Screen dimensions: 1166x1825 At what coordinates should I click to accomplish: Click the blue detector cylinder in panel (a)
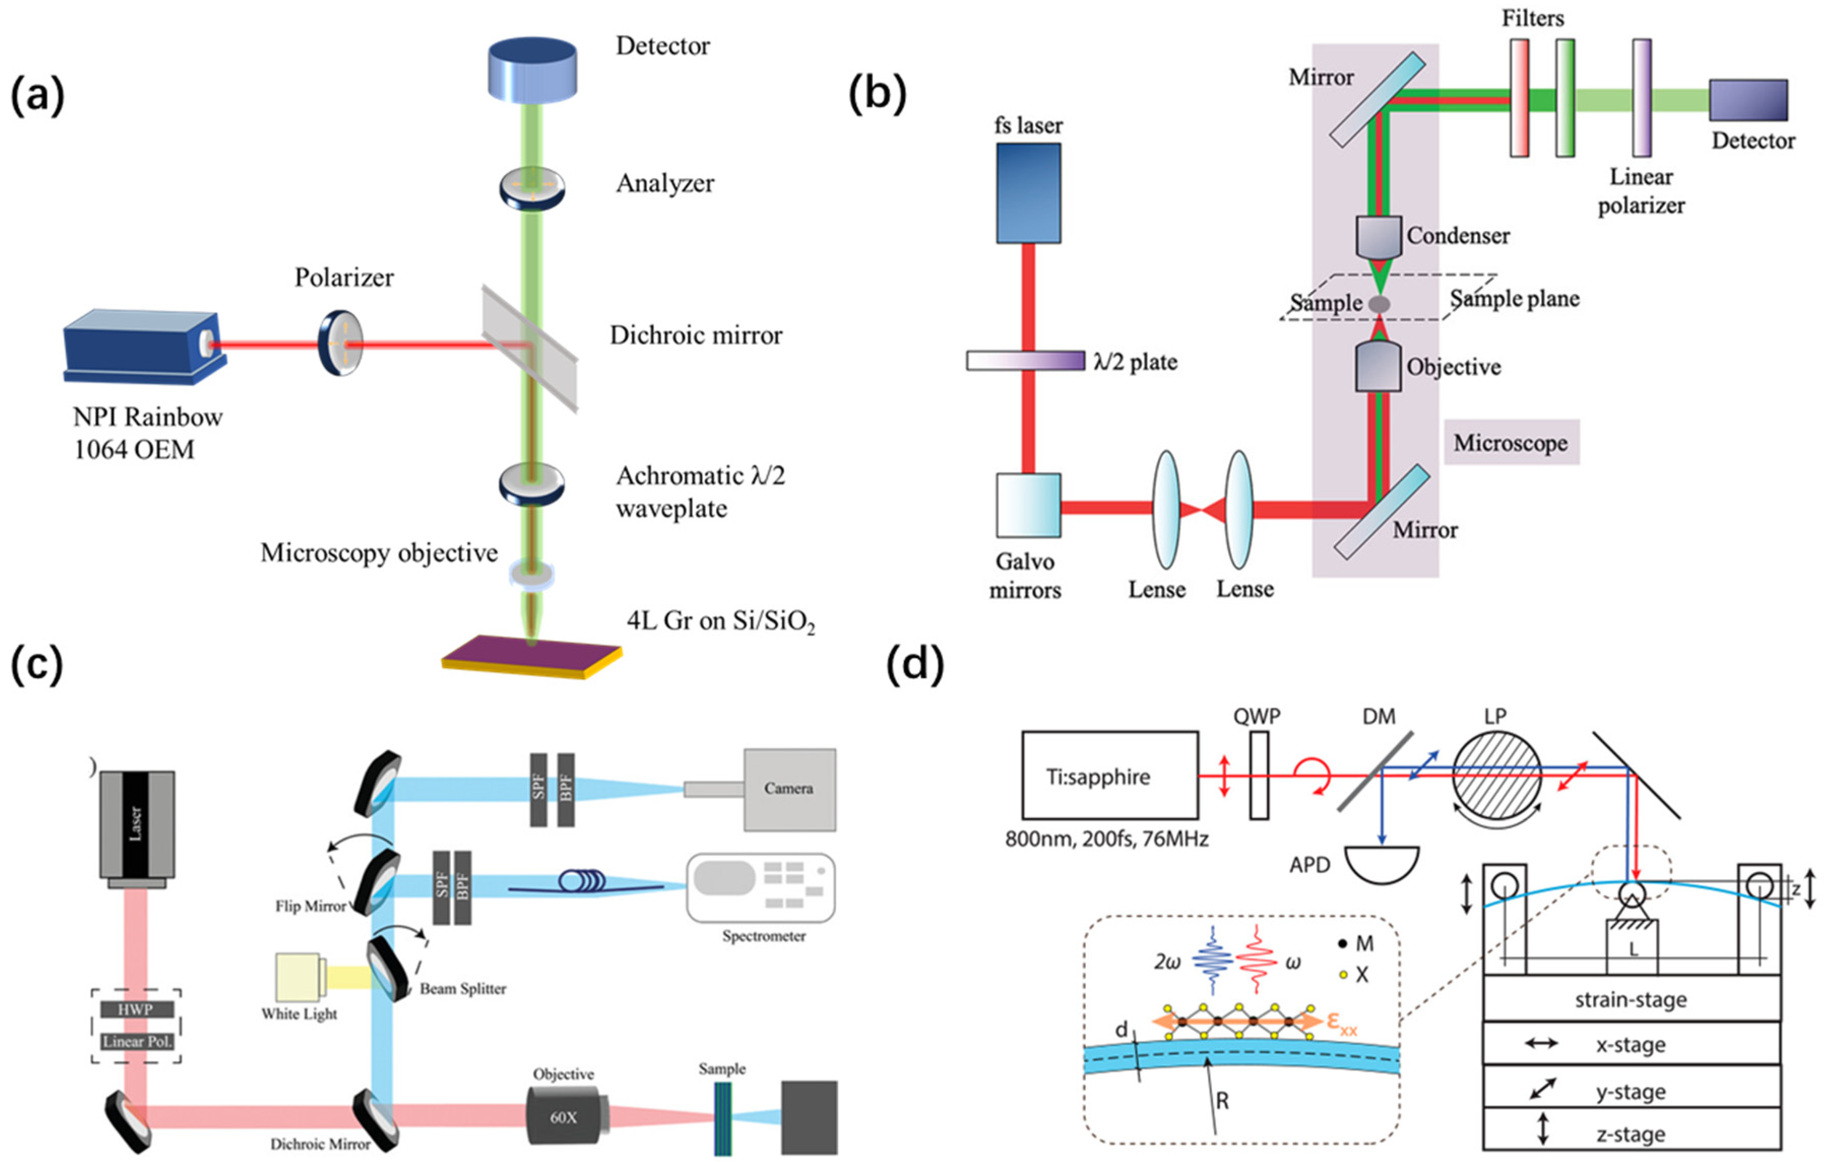point(532,70)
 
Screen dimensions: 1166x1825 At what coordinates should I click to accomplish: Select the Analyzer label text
point(665,183)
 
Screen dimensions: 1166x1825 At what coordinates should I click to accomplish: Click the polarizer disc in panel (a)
point(340,343)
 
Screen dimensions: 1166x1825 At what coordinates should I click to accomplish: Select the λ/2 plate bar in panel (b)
point(1024,360)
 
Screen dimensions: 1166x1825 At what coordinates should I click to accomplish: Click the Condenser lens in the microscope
point(1378,237)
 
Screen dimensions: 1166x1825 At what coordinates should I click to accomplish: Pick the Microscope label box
point(1511,443)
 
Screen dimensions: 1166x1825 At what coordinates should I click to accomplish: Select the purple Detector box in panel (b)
point(1748,100)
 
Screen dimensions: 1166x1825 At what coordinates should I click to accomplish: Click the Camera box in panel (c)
point(789,789)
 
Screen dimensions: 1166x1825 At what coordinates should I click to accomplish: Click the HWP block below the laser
point(137,1009)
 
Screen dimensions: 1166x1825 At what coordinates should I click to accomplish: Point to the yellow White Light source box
point(299,978)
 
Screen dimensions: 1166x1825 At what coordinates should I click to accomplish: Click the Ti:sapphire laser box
point(1109,775)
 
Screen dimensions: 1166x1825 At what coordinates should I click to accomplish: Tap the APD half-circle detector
point(1381,863)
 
